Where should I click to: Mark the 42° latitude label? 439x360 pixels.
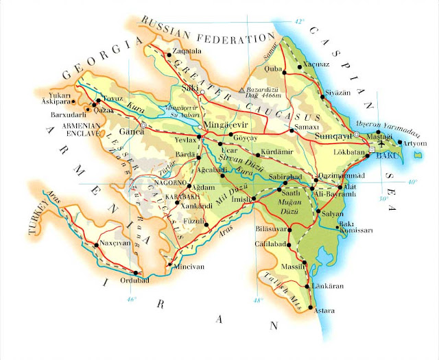(299, 22)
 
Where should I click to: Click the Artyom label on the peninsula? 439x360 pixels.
(416, 143)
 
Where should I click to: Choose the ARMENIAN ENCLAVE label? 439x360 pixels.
(85, 130)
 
